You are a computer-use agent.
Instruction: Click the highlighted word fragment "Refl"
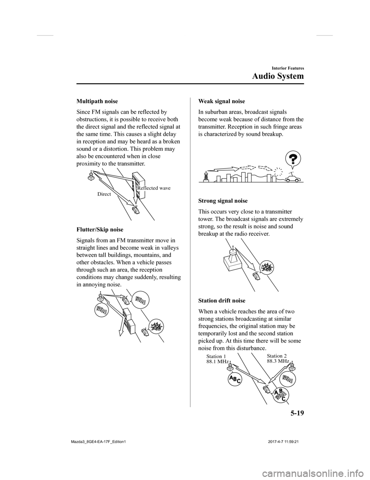click(x=141, y=188)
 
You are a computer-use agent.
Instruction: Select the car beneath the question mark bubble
click(x=293, y=178)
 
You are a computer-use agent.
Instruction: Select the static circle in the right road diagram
click(x=267, y=267)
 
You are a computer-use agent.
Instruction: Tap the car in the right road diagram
click(x=256, y=276)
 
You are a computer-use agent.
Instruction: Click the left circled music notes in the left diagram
click(x=101, y=309)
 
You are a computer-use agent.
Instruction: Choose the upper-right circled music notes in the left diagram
click(x=140, y=299)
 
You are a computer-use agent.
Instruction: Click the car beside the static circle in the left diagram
click(x=145, y=332)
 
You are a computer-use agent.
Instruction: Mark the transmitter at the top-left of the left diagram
click(x=101, y=296)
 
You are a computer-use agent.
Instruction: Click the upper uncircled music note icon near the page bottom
click(x=287, y=379)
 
